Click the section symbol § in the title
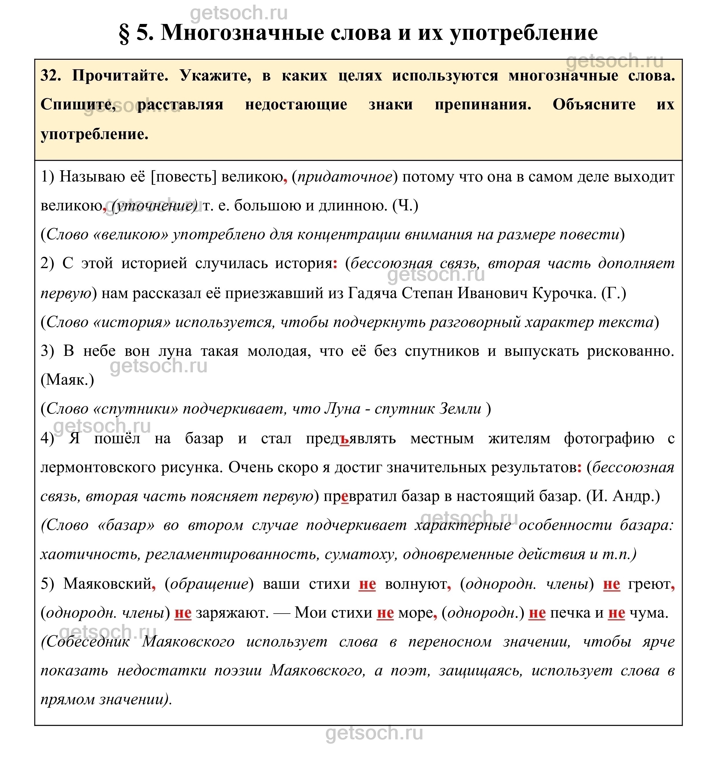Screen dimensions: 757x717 124,33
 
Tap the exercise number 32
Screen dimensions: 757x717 51,76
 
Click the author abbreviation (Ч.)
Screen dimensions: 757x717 406,205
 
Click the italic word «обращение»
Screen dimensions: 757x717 209,584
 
